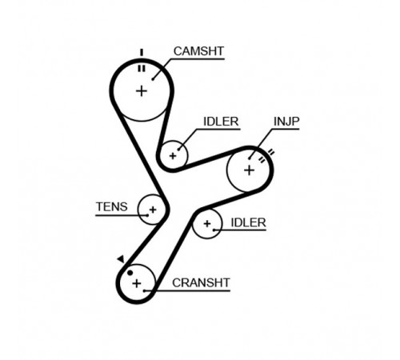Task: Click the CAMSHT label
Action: click(x=198, y=51)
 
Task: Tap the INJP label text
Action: click(x=286, y=122)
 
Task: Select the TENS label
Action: click(x=112, y=206)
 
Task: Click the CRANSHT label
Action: click(x=201, y=282)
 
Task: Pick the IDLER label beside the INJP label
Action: click(x=221, y=122)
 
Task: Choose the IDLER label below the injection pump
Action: click(x=248, y=222)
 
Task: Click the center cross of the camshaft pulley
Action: click(x=142, y=91)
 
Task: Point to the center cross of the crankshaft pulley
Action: click(x=137, y=283)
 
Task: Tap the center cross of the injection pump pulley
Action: click(x=249, y=170)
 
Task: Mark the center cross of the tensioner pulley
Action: click(x=153, y=210)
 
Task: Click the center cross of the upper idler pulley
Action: click(x=173, y=156)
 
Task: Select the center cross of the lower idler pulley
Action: click(x=207, y=224)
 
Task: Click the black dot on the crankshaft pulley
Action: click(x=130, y=273)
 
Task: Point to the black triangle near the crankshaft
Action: click(x=122, y=258)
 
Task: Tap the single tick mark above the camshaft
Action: click(x=142, y=53)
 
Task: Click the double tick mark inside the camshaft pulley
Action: click(x=142, y=69)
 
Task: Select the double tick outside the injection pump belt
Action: click(x=270, y=153)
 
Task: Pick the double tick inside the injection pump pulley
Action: click(x=262, y=160)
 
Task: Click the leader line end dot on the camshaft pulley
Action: click(x=153, y=79)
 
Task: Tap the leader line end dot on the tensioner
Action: click(x=147, y=215)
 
